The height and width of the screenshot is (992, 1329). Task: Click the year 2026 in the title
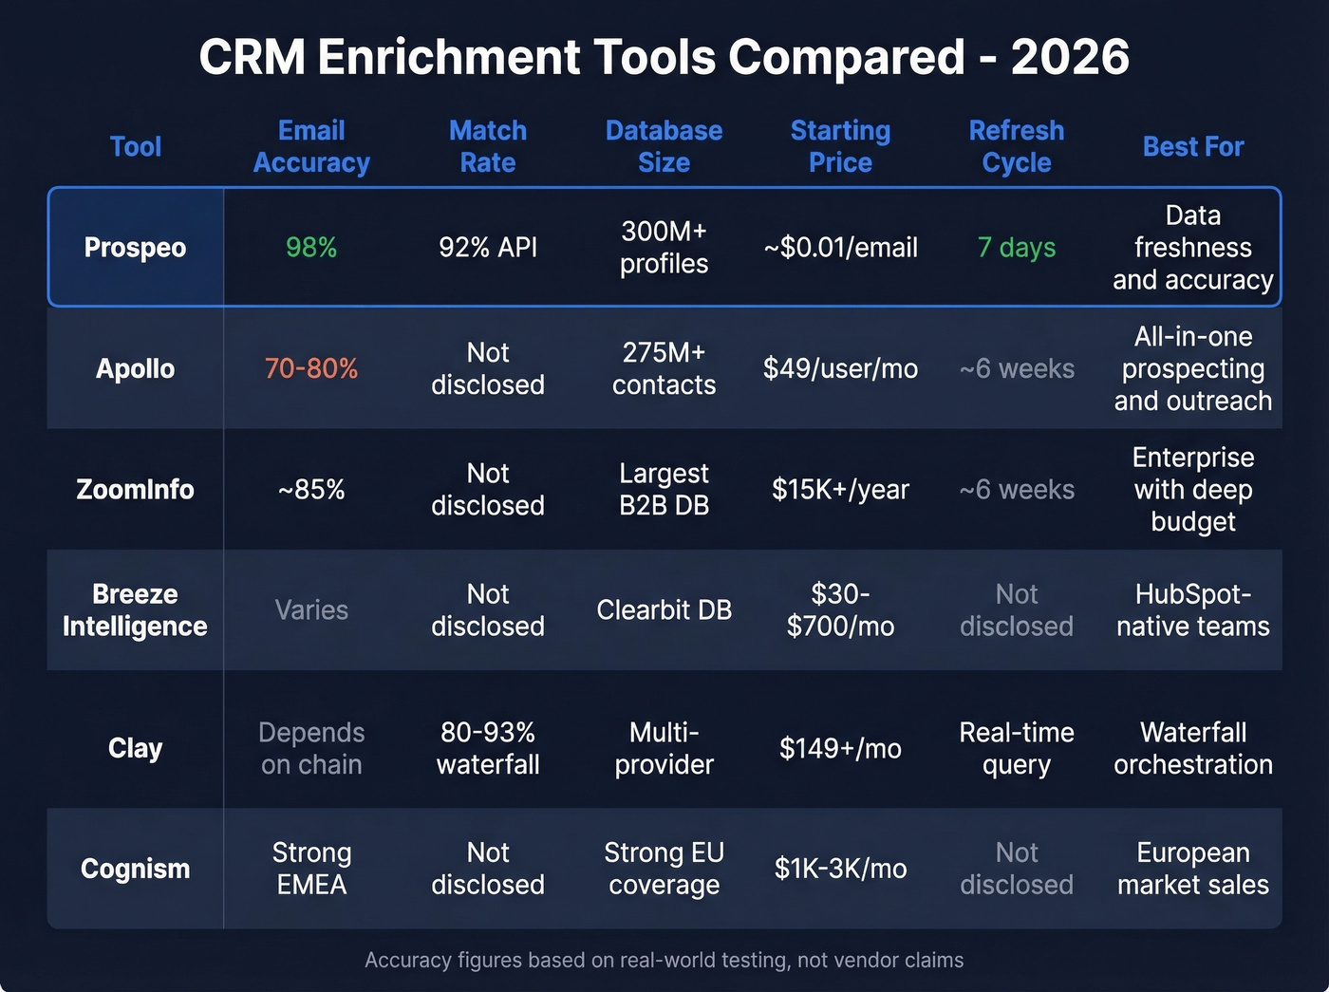click(1070, 57)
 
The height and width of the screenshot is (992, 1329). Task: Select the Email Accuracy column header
click(311, 147)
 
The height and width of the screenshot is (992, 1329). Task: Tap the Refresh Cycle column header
click(1016, 147)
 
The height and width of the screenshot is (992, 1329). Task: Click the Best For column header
click(1192, 147)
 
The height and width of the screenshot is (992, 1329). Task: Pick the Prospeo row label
click(135, 248)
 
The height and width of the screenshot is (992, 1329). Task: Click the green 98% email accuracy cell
click(311, 248)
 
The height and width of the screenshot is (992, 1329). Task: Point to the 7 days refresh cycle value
click(1016, 248)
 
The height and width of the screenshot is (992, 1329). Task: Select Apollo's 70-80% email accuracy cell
click(311, 368)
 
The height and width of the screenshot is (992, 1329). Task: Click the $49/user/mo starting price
click(840, 368)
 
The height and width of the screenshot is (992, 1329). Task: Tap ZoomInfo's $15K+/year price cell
click(840, 490)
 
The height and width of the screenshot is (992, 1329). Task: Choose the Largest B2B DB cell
click(664, 490)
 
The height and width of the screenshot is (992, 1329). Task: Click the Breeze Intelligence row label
click(135, 610)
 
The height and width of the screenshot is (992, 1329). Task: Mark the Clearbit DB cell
click(664, 610)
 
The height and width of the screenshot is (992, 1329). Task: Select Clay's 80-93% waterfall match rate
click(488, 748)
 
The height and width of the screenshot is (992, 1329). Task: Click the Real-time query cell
click(1016, 748)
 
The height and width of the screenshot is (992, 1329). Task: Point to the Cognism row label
click(135, 869)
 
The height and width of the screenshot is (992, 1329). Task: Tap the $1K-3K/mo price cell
click(840, 869)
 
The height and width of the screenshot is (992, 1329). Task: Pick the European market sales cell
click(1192, 869)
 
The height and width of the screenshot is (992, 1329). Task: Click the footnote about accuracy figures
click(664, 961)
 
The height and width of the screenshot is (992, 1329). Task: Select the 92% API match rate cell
click(488, 248)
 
